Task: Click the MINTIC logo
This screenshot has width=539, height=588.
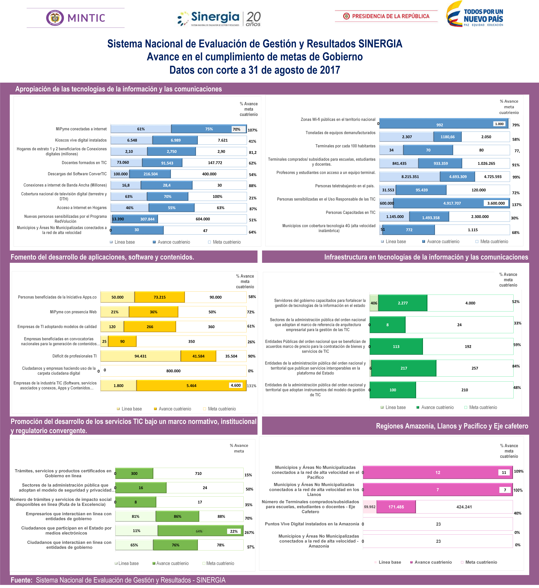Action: (76, 18)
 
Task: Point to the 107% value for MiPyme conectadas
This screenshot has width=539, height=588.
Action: (252, 130)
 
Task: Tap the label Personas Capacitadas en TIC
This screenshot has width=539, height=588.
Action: (350, 212)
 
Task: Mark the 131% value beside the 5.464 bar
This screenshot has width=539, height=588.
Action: (251, 386)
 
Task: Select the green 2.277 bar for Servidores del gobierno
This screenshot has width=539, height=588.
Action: (403, 303)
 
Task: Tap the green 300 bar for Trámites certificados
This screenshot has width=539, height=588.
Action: (134, 473)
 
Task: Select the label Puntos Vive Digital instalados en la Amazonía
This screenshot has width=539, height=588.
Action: (312, 524)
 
